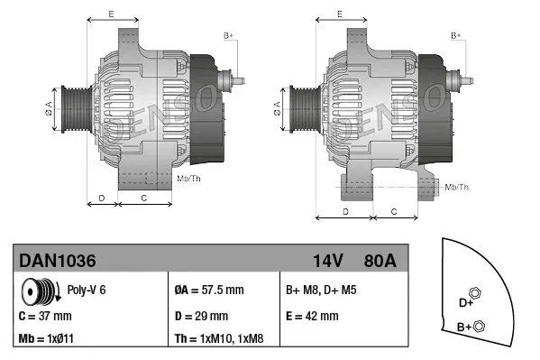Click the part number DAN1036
58,261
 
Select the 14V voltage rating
327,261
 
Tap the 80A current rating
380,261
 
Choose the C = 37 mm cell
45,316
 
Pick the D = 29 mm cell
200,316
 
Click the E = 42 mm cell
312,316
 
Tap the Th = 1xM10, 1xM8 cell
220,339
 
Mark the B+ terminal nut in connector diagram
479,326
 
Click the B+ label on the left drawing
229,35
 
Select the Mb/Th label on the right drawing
457,187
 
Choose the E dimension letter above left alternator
111,14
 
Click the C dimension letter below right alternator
393,210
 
